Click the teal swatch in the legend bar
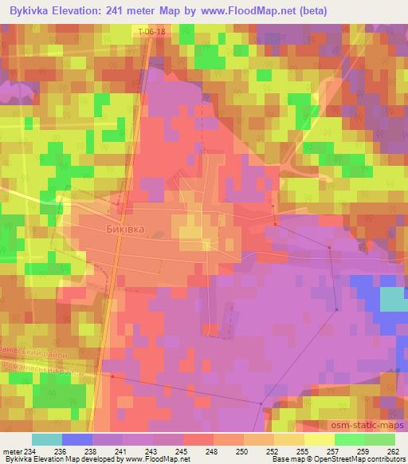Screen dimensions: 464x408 [46, 438]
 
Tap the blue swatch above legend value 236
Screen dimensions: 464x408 [77, 438]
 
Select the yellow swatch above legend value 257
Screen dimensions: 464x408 [319, 438]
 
